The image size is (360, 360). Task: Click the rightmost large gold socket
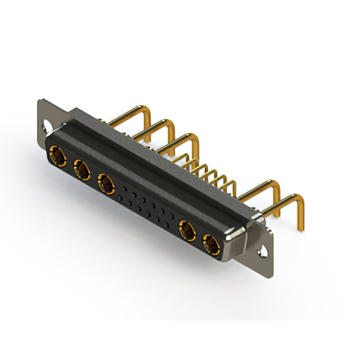coord(211,245)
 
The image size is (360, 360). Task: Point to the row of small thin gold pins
coord(211,172)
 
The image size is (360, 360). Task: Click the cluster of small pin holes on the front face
coord(145,206)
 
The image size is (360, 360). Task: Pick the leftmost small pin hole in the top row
coord(121,185)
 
